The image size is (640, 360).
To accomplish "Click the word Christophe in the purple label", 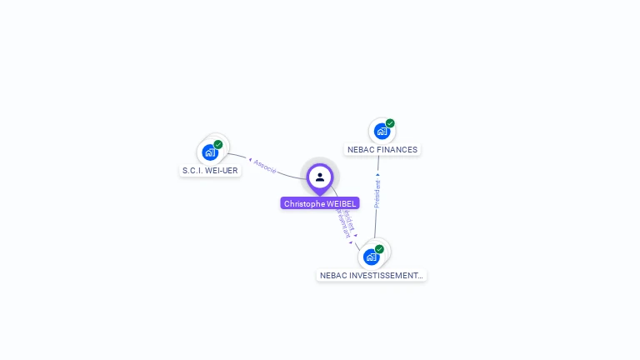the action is (304, 203).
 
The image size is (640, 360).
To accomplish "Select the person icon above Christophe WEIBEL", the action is (320, 177).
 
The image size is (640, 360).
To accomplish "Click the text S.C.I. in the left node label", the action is (192, 171).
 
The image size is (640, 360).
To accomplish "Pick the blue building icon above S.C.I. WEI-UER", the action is (210, 152).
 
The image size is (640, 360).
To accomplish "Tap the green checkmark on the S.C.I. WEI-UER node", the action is (218, 144).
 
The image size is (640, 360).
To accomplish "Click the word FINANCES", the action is (397, 150).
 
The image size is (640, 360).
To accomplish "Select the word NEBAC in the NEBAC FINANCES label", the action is (361, 150).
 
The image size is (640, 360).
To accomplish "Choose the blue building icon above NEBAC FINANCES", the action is (382, 131).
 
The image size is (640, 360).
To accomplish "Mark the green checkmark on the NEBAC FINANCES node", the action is (390, 123).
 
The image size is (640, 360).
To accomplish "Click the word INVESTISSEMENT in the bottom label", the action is (384, 275).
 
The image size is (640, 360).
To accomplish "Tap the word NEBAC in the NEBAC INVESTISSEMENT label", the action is (332, 275).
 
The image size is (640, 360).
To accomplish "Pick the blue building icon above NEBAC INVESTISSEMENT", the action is (371, 257).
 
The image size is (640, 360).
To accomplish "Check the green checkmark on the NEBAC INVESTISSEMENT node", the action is (379, 248).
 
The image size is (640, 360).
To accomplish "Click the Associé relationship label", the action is (265, 166).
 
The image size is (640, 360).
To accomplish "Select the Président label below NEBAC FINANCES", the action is (377, 193).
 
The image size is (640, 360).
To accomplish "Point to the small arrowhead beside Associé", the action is (250, 159).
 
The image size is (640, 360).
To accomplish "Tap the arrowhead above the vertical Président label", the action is (377, 175).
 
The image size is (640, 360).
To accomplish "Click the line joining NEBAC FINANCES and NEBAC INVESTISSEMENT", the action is (376, 221).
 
